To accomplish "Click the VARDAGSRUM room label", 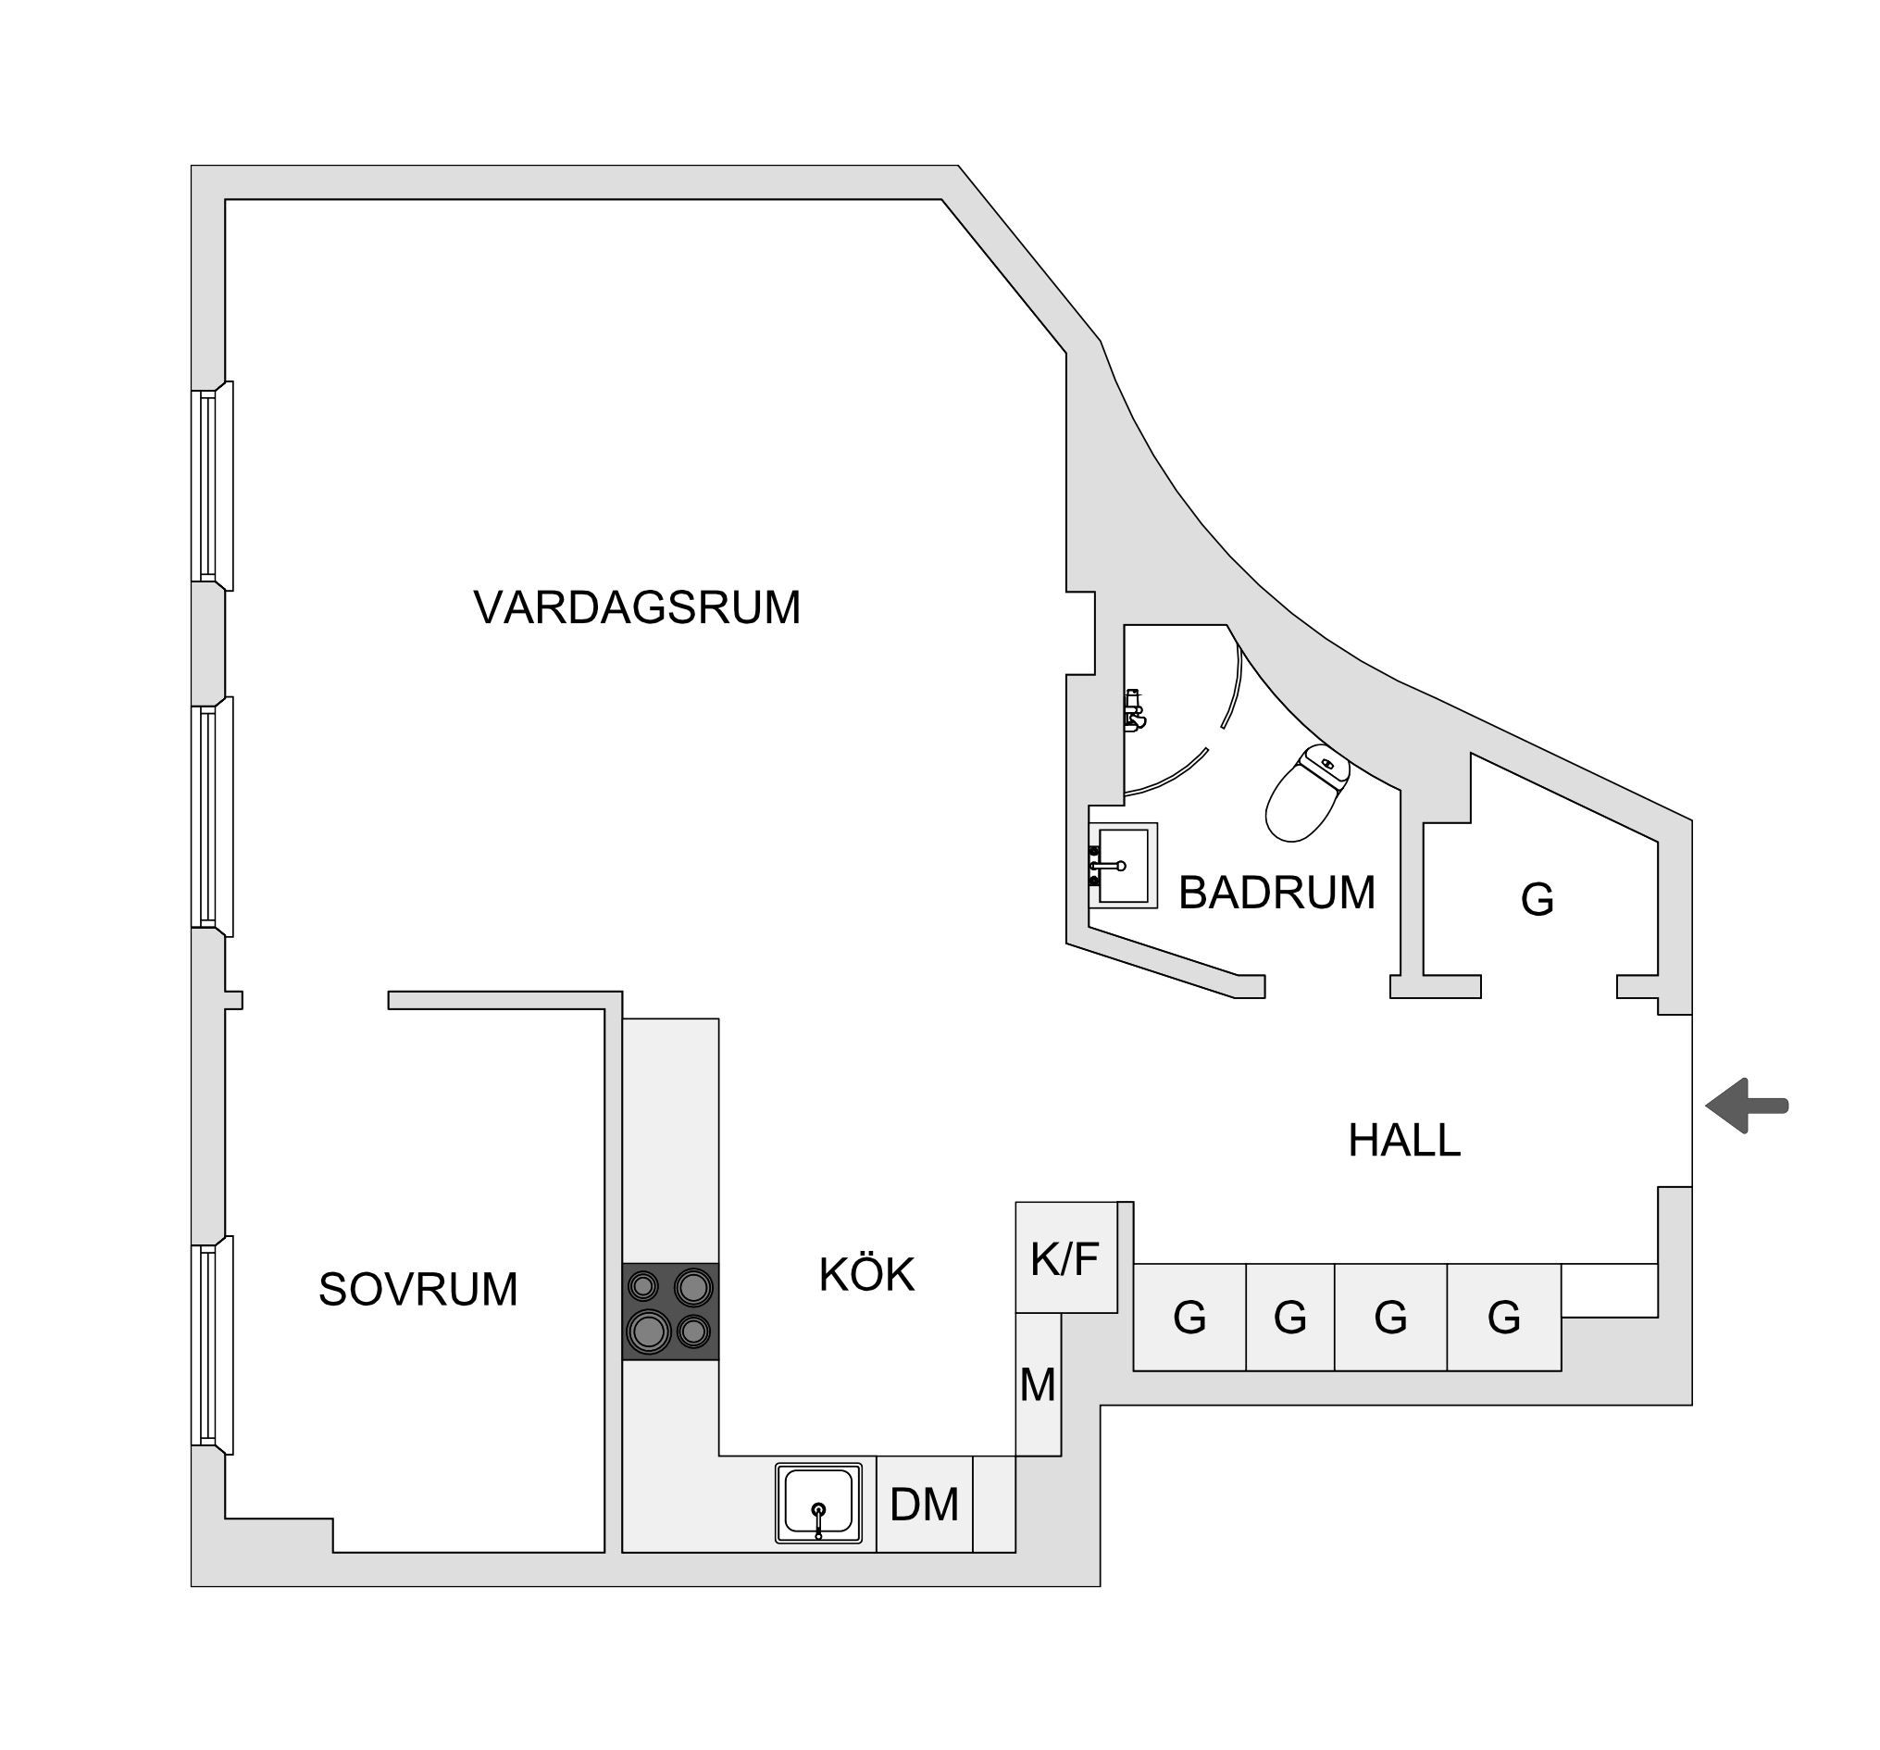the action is point(637,607).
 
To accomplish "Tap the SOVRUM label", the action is point(418,1289).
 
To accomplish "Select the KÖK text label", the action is point(866,1273).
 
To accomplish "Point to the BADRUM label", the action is point(1276,893).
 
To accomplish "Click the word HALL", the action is point(1404,1141).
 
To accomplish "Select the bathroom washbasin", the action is point(1123,866).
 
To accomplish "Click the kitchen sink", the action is point(819,1503).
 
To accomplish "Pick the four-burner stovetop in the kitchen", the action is point(670,1311).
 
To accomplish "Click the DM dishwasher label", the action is point(924,1505).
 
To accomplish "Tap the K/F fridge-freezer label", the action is point(1065,1259).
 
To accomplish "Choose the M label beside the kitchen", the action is point(1038,1386).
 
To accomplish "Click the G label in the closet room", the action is point(1537,900).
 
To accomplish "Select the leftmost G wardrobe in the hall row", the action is point(1189,1317).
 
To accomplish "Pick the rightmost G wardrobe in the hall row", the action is point(1503,1317).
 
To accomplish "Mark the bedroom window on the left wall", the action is point(213,1345).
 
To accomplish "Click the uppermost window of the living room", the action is point(213,486).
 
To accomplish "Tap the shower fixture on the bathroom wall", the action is point(1134,708).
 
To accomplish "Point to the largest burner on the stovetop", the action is point(650,1331).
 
